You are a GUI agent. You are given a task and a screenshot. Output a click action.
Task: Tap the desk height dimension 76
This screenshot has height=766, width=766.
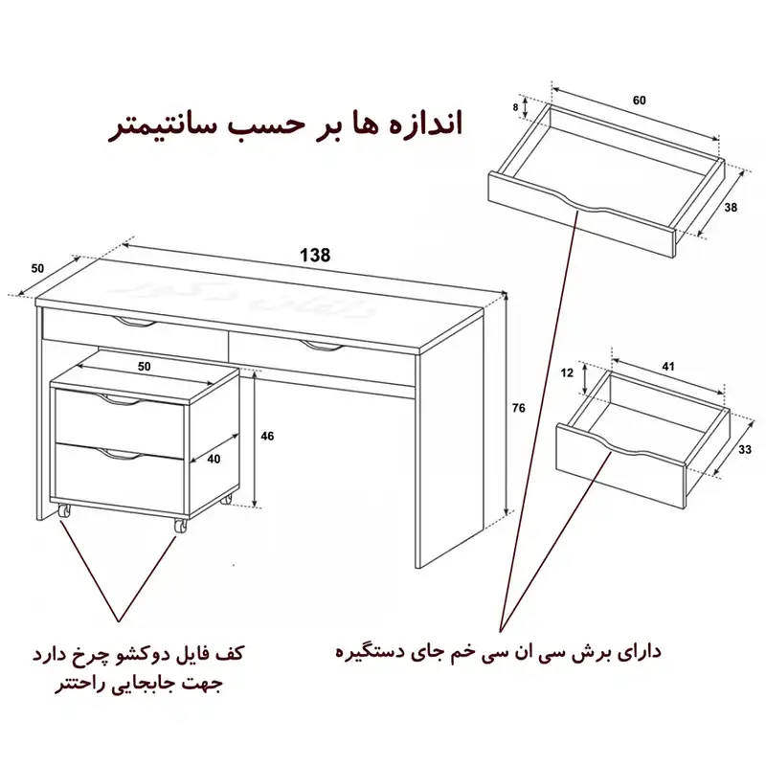click(x=518, y=409)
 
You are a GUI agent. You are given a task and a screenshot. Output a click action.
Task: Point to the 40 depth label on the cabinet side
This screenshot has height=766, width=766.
click(x=214, y=459)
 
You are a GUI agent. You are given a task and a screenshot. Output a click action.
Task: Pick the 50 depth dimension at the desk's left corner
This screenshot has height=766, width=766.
click(x=37, y=268)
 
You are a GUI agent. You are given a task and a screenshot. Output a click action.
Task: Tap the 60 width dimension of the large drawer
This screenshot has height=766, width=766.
click(x=639, y=101)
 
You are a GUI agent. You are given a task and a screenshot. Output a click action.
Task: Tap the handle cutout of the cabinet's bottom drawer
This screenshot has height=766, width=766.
click(x=120, y=454)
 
